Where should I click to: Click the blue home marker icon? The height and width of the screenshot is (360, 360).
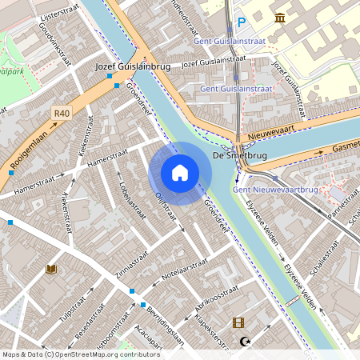180,173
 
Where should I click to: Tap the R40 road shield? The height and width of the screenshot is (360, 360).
62,114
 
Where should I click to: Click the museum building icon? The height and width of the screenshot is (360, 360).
281,18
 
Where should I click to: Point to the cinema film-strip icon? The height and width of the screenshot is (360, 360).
238,323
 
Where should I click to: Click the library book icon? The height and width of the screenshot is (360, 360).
52,270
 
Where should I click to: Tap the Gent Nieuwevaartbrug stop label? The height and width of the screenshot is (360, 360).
270,190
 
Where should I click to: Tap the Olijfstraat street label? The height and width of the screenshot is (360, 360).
166,205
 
